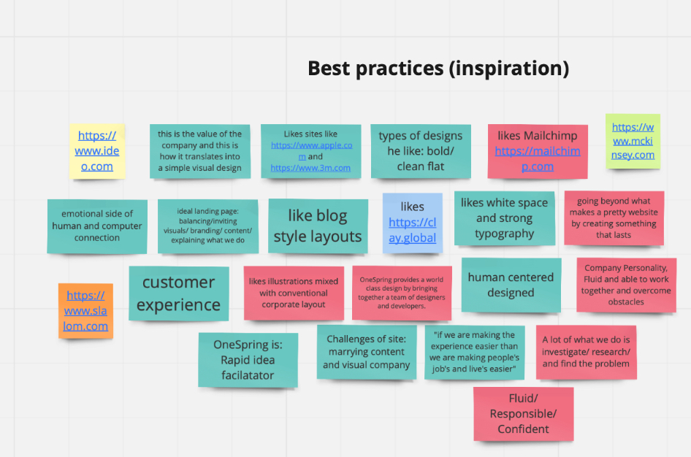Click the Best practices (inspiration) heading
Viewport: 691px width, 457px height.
pos(438,69)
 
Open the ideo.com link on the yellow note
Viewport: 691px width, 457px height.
pos(97,151)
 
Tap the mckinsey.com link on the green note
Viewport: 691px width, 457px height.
pos(633,141)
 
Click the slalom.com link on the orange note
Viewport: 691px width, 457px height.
pos(85,311)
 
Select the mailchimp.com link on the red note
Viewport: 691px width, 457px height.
pos(537,158)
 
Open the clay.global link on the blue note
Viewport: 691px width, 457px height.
pos(413,230)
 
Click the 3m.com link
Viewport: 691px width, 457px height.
pos(310,168)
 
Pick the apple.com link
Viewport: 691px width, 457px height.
pos(312,150)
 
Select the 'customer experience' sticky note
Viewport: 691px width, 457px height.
pos(178,293)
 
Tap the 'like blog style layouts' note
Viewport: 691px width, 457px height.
pos(318,226)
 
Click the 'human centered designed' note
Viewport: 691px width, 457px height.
pos(511,285)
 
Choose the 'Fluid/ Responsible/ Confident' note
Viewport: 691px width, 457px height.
pos(524,414)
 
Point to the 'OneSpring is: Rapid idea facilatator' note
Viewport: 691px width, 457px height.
pos(248,360)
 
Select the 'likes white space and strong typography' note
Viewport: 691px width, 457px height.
pos(505,218)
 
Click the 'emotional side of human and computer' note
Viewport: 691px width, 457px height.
pos(97,226)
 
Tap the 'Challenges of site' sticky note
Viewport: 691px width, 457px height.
pos(367,352)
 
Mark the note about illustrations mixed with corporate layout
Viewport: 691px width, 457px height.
pos(294,293)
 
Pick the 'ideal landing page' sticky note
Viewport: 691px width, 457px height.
pos(208,226)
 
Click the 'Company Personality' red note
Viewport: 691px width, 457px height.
pos(626,285)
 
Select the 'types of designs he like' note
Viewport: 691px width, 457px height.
pos(421,151)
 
